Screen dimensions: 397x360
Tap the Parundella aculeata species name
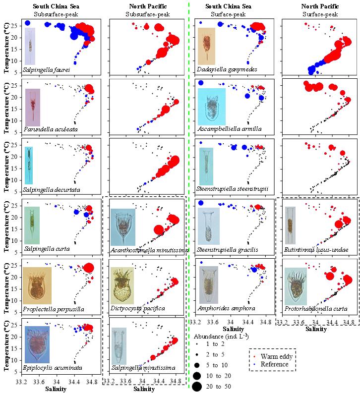pos(46,130)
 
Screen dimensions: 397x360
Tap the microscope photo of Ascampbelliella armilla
pos(212,106)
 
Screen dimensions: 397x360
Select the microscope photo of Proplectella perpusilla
pos(37,285)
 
